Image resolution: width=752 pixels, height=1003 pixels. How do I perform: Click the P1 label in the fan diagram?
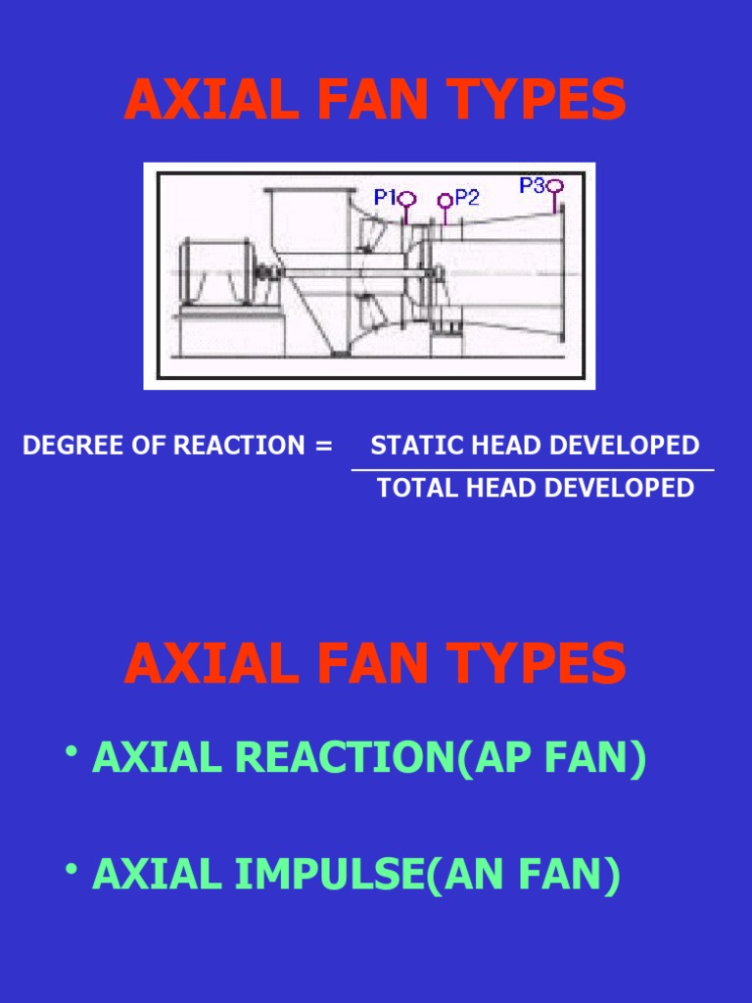[384, 197]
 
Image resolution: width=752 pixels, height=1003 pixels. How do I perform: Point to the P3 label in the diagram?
[532, 184]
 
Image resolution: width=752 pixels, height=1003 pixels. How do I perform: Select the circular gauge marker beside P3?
[556, 185]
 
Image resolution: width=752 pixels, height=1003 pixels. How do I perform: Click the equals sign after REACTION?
[324, 446]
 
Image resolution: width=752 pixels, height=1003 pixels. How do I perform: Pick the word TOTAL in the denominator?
[411, 488]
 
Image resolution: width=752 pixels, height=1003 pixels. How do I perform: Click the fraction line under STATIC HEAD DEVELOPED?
[533, 470]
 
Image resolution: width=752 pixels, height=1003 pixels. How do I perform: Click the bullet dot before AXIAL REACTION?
[72, 752]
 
